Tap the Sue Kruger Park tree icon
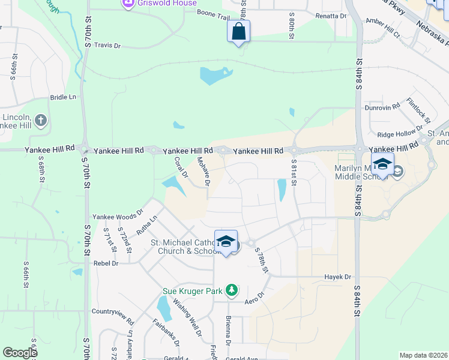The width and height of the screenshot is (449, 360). pyautogui.click(x=232, y=291)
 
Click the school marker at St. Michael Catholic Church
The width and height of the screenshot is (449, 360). pyautogui.click(x=226, y=242)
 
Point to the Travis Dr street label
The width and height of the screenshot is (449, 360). pyautogui.click(x=107, y=45)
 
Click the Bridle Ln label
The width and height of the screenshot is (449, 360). pyautogui.click(x=63, y=97)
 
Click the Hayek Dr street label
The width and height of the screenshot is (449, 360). pyautogui.click(x=337, y=277)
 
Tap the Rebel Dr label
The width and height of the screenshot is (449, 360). pyautogui.click(x=106, y=263)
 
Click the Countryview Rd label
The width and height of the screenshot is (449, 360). pyautogui.click(x=113, y=312)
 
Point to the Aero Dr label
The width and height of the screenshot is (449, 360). pyautogui.click(x=255, y=300)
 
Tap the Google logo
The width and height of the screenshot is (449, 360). pyautogui.click(x=20, y=353)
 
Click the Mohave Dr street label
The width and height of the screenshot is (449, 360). pyautogui.click(x=203, y=170)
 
